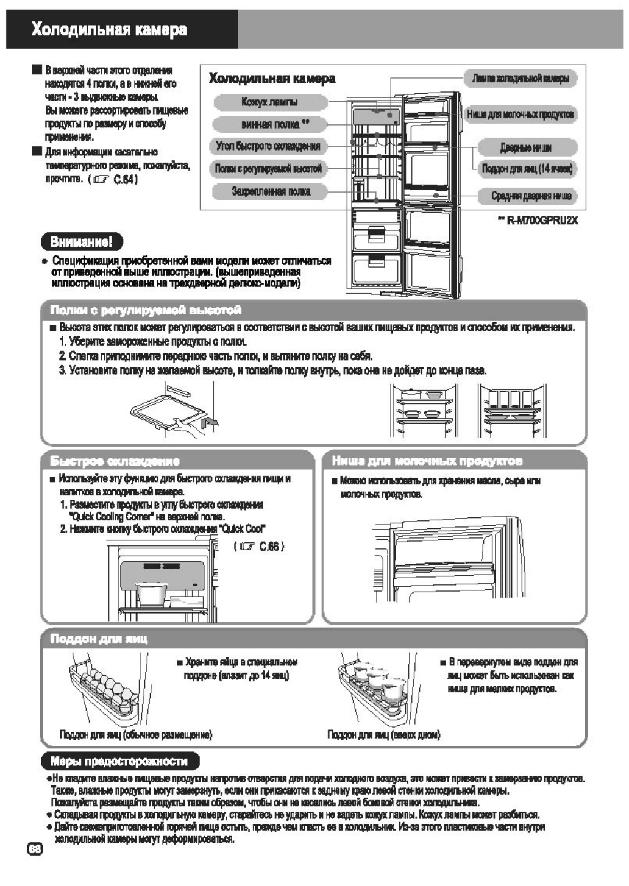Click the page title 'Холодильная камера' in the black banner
click(x=110, y=30)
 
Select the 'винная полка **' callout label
click(x=270, y=124)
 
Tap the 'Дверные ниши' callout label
click(x=526, y=147)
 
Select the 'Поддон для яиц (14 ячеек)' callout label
click(x=527, y=169)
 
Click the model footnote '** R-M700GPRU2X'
click(x=538, y=221)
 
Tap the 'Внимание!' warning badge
click(x=81, y=242)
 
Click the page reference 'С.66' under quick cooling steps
click(x=271, y=547)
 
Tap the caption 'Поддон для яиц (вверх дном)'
click(x=383, y=735)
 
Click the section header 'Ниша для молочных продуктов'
click(x=427, y=461)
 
